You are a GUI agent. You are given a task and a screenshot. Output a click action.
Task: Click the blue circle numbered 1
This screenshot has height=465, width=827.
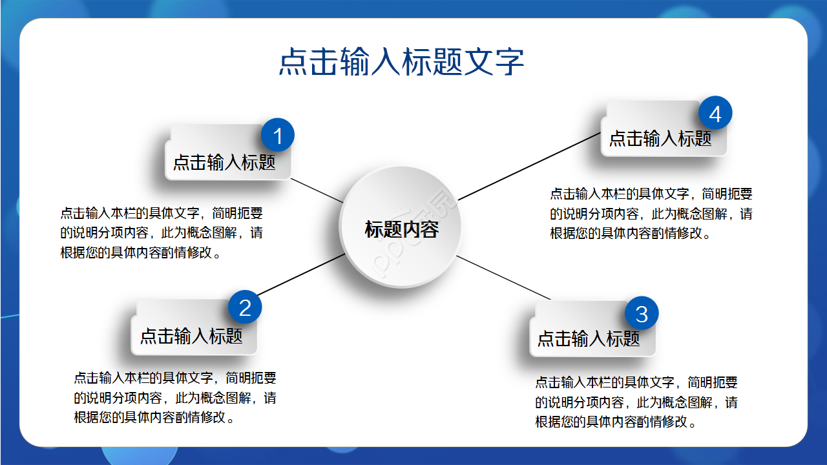278,136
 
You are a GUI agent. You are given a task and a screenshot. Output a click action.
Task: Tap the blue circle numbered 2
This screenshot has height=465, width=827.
245,307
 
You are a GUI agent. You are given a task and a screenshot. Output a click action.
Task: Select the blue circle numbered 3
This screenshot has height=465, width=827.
642,314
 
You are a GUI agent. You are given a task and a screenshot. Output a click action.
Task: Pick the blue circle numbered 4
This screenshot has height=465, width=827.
715,114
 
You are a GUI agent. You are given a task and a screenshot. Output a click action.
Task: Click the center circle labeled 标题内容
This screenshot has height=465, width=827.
401,229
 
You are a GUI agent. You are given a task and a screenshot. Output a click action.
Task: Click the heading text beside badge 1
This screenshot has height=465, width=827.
224,162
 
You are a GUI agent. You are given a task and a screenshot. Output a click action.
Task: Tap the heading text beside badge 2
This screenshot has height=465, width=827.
191,336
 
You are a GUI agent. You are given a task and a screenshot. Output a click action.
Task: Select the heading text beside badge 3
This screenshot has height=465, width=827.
589,338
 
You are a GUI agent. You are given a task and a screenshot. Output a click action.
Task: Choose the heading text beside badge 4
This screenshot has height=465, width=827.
660,138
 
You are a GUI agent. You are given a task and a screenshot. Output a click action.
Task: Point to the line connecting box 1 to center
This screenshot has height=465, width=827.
317,190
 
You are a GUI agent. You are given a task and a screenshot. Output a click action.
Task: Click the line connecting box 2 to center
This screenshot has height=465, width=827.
301,274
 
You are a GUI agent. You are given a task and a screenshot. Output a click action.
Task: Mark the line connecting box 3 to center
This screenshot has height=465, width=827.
504,278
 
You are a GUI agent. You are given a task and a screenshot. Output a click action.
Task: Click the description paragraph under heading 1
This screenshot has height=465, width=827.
162,232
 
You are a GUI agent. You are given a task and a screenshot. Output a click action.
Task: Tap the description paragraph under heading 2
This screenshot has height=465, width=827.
175,398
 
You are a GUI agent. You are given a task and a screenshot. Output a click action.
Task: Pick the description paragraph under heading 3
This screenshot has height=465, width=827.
636,402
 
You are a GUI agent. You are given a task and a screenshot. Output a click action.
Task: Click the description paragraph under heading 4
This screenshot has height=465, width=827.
651,214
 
